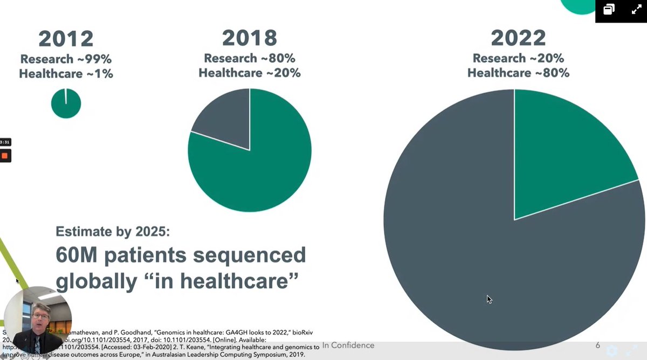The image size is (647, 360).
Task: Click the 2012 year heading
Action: [x=66, y=39]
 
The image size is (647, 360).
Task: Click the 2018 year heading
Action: [x=250, y=38]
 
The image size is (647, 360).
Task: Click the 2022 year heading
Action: [x=518, y=38]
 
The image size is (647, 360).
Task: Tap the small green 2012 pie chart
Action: [x=66, y=103]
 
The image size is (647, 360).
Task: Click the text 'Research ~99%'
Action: [x=66, y=59]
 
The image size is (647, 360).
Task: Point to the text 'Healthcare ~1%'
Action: [x=66, y=74]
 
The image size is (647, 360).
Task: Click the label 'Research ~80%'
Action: [x=250, y=58]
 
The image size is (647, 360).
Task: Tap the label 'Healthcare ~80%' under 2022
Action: [x=518, y=72]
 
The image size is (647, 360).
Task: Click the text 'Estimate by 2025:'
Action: [x=113, y=232]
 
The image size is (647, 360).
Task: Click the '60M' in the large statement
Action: [x=81, y=255]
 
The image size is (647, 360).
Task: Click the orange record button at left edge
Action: [x=5, y=156]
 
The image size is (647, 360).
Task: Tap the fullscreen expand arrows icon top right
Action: [x=636, y=10]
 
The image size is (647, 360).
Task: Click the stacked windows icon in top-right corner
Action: [x=609, y=10]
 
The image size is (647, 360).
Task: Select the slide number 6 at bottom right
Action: [x=597, y=345]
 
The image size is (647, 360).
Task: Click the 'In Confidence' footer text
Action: [x=348, y=345]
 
